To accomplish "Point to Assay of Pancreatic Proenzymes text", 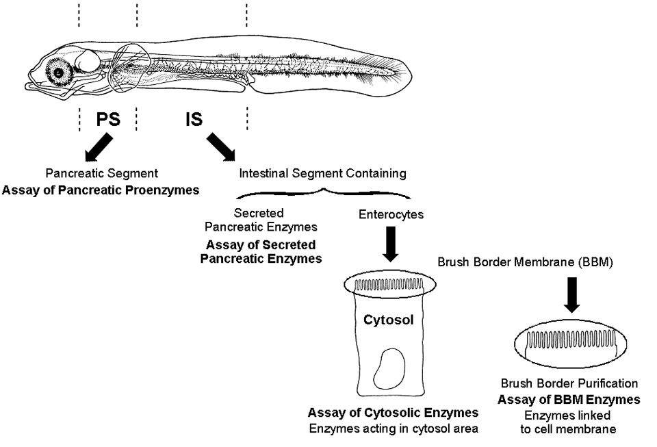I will [x=101, y=190].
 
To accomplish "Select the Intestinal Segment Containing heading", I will [x=322, y=174].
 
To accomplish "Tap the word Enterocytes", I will [x=391, y=215].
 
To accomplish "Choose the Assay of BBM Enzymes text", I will [x=569, y=400].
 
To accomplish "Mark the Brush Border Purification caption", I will [x=569, y=385].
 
